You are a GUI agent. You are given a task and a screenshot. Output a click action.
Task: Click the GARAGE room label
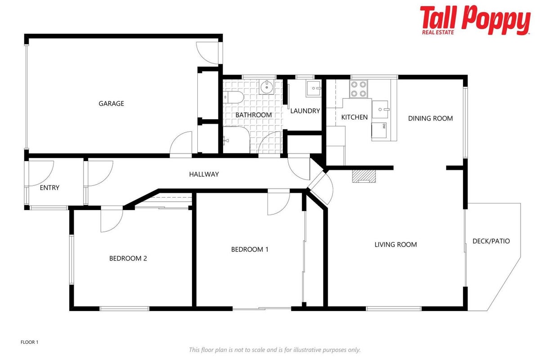pyautogui.click(x=111, y=103)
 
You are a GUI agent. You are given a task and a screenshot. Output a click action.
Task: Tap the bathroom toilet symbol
pyautogui.click(x=233, y=97)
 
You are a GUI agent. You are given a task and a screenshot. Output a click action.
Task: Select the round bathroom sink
pyautogui.click(x=267, y=86)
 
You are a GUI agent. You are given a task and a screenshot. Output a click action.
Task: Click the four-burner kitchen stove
pyautogui.click(x=358, y=89)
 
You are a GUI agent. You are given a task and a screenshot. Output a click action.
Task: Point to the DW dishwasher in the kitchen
pyautogui.click(x=379, y=130)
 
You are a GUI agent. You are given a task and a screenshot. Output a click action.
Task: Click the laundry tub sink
pyautogui.click(x=314, y=89)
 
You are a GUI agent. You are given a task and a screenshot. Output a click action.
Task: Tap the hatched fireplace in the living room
pyautogui.click(x=364, y=176)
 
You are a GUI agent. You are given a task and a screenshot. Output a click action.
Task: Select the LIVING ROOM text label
pyautogui.click(x=396, y=245)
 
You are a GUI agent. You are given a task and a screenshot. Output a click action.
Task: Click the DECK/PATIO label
pyautogui.click(x=491, y=241)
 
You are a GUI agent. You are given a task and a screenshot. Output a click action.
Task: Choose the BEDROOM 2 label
pyautogui.click(x=128, y=258)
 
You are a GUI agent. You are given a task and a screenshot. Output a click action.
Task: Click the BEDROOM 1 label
pyautogui.click(x=250, y=249)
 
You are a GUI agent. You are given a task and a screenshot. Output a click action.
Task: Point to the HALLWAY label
pyautogui.click(x=204, y=174)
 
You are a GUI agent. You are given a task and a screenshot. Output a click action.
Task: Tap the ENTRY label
pyautogui.click(x=49, y=188)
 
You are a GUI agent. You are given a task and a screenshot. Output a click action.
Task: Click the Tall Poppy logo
pyautogui.click(x=475, y=20)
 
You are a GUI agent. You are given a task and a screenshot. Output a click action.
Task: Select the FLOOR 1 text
pyautogui.click(x=29, y=342)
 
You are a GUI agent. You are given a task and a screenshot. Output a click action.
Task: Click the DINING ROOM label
pyautogui.click(x=430, y=118)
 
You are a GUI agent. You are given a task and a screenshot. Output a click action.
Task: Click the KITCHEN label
pyautogui.click(x=354, y=117)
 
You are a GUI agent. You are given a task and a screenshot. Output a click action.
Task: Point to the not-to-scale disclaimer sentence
pyautogui.click(x=275, y=350)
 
